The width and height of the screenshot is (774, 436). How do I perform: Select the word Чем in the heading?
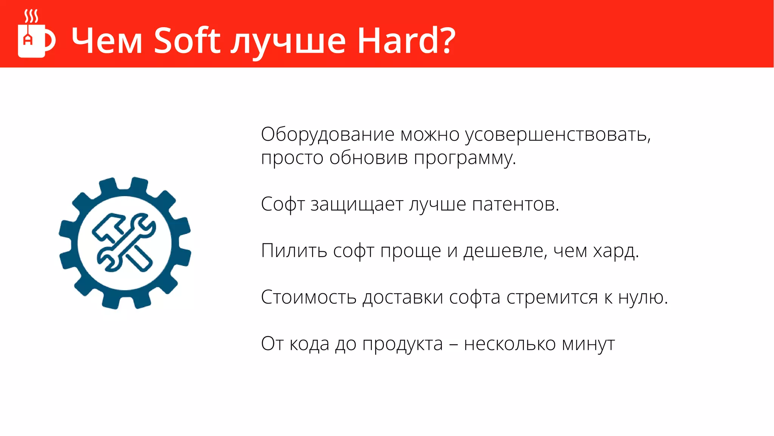[107, 41]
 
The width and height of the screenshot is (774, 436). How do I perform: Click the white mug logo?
[32, 41]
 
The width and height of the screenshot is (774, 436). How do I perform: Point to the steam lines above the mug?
[31, 16]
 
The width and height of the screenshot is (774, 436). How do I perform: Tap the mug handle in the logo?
[51, 40]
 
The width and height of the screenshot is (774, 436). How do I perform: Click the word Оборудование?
[327, 135]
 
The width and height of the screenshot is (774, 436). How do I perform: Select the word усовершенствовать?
[557, 135]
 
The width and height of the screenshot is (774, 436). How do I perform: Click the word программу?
[464, 158]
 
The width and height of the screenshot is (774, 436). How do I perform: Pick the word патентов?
[515, 204]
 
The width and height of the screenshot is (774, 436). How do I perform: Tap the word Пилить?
[294, 251]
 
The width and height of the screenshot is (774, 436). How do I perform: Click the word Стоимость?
[308, 297]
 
